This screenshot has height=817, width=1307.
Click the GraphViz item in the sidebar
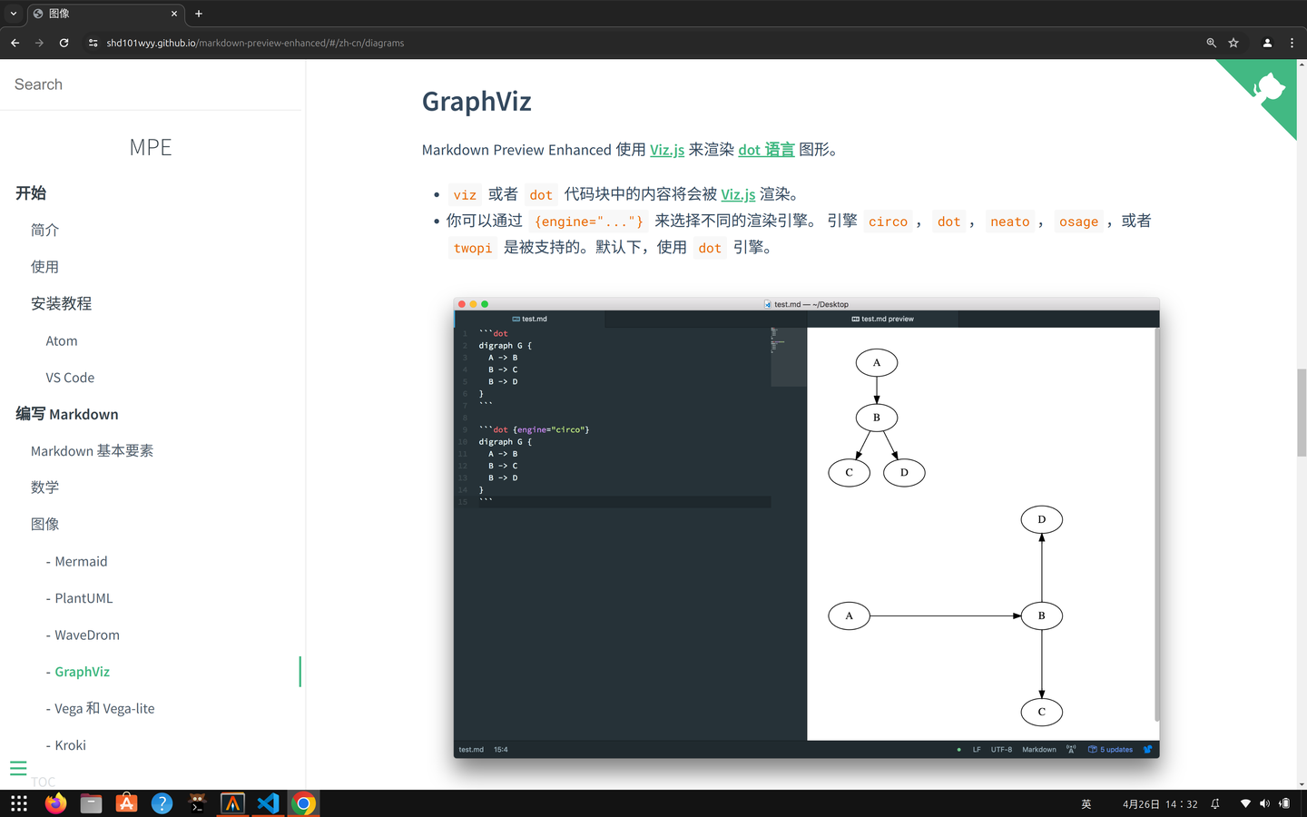coord(82,672)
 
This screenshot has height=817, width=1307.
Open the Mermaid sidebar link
coord(81,562)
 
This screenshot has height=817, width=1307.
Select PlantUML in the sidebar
coord(84,598)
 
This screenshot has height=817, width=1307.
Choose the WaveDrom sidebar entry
coord(86,635)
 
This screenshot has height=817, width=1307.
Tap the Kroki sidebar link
coord(70,745)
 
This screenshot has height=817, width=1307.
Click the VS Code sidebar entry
coord(70,378)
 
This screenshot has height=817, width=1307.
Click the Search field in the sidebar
coord(151,84)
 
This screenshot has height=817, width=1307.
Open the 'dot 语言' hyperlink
coord(766,150)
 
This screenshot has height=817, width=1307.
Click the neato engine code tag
coord(1009,221)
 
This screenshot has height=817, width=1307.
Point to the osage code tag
coord(1078,221)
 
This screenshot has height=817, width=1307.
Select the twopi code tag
coord(473,248)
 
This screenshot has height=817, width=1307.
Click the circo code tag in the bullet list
coord(888,221)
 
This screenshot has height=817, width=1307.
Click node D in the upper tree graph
coord(904,473)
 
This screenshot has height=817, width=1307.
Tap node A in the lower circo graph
coord(849,616)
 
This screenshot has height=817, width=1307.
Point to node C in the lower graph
coord(1041,713)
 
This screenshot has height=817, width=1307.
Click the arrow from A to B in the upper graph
coord(877,389)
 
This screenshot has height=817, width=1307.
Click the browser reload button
coord(64,43)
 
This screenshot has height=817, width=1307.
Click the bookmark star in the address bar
coord(1233,43)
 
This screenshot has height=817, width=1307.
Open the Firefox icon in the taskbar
coord(55,803)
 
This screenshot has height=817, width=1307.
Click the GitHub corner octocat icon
coord(1270,88)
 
